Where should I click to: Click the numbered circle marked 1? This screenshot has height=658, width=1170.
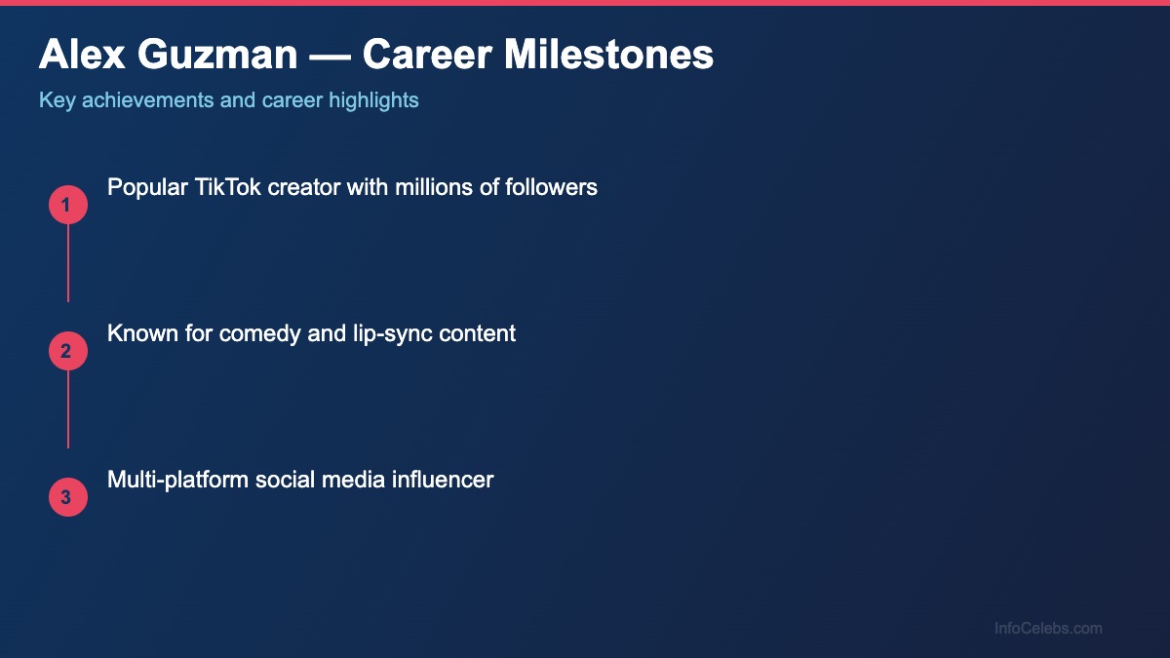coord(68,205)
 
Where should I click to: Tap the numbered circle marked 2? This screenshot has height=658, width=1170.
coord(68,351)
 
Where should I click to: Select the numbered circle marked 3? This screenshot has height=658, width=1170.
coord(68,497)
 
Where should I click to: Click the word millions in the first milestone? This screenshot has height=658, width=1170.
coord(434,187)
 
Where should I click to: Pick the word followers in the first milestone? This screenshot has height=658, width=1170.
coord(551,187)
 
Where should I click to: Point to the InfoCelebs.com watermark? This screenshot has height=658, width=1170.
coord(1048,629)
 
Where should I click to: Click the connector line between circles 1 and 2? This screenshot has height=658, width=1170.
coord(68,263)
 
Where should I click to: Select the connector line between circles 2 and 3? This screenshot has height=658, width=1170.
coord(68,409)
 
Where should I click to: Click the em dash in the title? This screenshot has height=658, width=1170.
coord(330,56)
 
